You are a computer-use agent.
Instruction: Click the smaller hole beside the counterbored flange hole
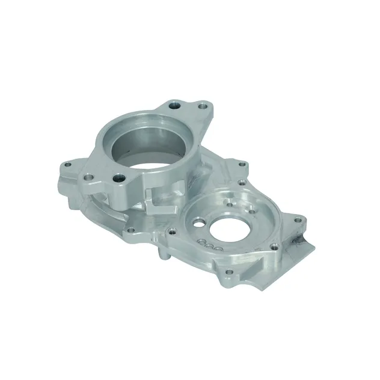point(89,177)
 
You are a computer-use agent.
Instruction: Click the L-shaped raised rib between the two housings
point(158,203)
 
